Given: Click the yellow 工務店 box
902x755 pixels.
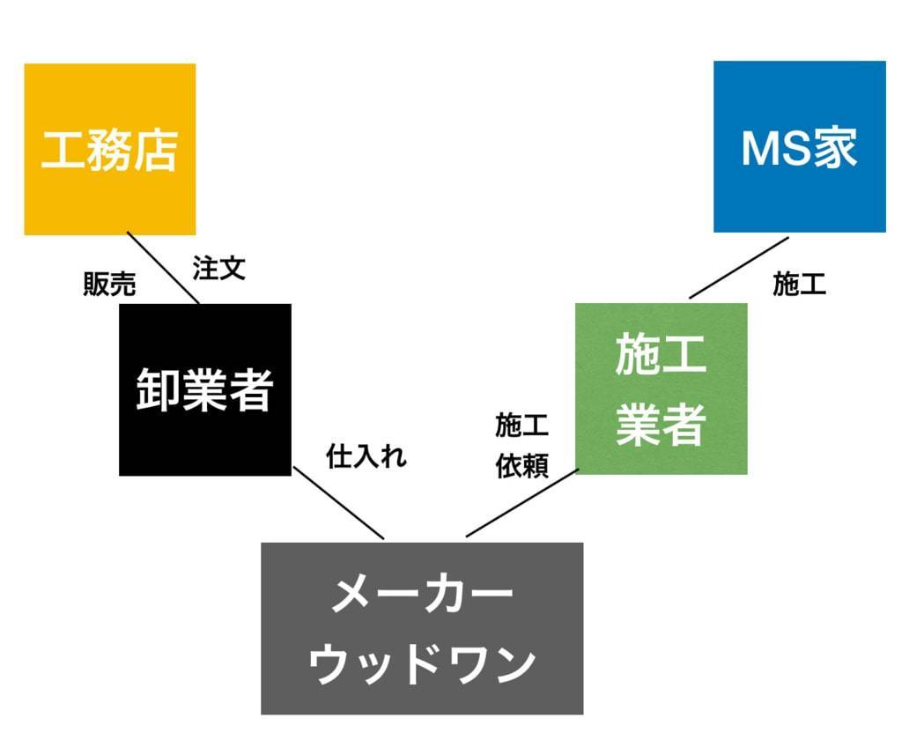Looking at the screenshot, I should (109, 149).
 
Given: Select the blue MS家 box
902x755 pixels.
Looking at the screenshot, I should (799, 146).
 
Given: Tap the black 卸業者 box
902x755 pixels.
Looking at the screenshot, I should (204, 389).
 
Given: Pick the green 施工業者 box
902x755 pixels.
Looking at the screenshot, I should (661, 389).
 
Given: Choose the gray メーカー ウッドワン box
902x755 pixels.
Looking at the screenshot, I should (422, 628).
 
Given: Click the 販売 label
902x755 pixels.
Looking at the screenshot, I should (109, 284).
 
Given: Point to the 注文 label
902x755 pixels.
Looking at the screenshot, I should (218, 269).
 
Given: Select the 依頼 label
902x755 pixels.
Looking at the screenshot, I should (521, 466).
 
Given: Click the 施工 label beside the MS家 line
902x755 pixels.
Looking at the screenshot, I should (799, 284).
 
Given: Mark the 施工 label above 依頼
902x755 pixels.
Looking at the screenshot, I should (521, 426).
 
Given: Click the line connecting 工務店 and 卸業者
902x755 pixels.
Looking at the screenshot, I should (164, 268).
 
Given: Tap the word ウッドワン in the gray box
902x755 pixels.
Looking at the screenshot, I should (422, 662).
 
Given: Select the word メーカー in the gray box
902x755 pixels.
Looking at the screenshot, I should (422, 595).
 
